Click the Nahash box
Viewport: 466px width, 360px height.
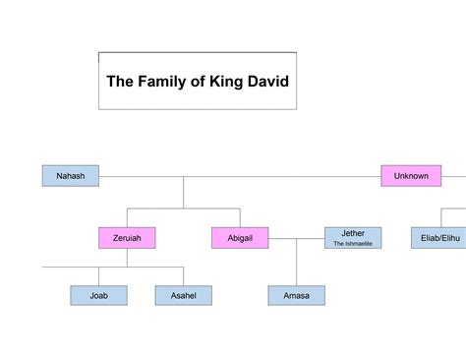71,176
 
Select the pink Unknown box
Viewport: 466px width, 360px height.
410,176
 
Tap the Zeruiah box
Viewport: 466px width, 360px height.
127,237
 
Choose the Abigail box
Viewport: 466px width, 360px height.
240,237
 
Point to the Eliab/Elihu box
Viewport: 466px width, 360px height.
438,237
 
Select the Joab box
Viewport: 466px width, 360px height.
98,295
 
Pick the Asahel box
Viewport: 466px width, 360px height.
183,295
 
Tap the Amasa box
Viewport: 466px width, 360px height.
297,295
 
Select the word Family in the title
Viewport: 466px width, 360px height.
165,82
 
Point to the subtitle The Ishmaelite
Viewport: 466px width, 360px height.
353,243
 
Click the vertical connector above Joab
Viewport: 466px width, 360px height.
98,276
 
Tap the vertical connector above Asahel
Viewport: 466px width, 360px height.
183,276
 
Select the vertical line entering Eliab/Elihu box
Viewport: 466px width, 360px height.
438,217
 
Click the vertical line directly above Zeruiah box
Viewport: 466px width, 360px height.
127,217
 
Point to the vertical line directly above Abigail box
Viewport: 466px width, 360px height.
240,217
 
